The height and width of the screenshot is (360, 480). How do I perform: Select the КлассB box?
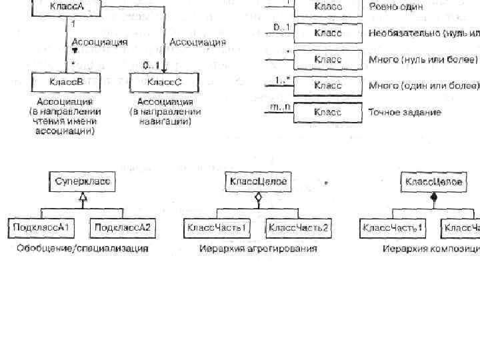(67, 82)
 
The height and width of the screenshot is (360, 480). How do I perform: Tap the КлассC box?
(164, 82)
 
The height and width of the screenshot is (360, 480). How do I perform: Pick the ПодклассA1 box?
(42, 228)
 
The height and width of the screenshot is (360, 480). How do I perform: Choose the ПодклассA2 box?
(123, 228)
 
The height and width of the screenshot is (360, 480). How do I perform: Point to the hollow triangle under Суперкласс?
(83, 196)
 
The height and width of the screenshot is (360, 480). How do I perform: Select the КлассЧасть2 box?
(299, 228)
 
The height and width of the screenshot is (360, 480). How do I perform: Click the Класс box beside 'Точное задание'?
(327, 112)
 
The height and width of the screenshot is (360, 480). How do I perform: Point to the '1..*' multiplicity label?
(280, 80)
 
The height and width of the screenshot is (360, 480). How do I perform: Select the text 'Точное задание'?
(405, 112)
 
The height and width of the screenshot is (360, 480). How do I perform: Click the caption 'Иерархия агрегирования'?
(259, 249)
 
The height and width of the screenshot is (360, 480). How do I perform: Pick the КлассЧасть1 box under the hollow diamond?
(217, 228)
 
